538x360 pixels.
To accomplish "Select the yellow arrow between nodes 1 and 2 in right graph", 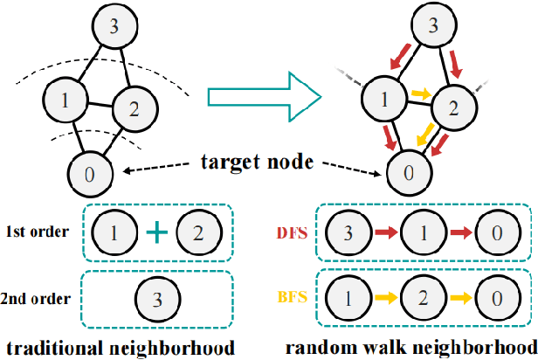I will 421,92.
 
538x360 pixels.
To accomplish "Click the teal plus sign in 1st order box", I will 156,233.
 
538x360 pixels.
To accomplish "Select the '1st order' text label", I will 38,234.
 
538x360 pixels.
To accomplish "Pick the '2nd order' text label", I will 39,297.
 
